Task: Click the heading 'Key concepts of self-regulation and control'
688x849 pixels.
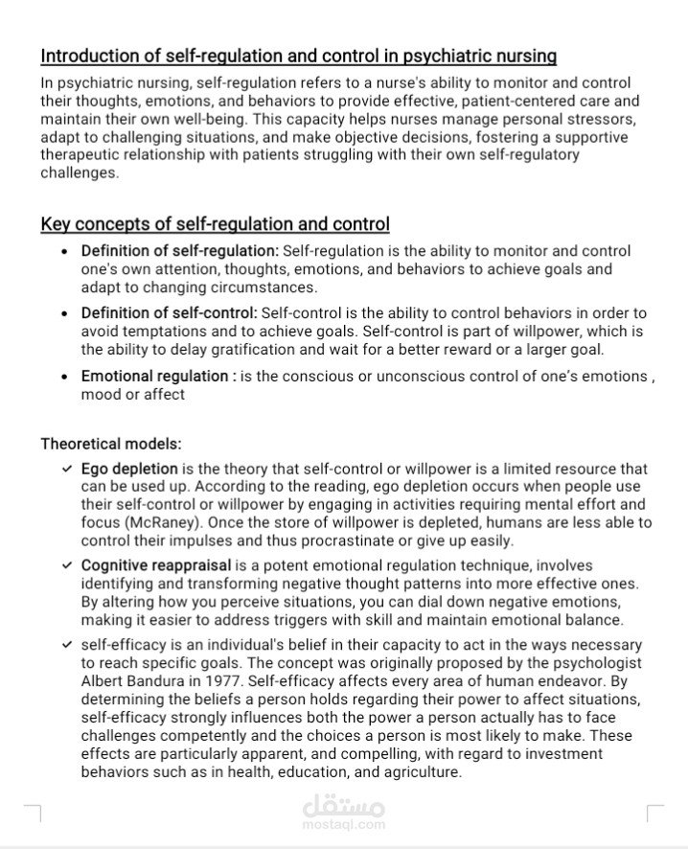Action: [215, 224]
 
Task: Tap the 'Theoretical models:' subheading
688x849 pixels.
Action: [111, 444]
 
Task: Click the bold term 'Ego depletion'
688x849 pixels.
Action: [129, 470]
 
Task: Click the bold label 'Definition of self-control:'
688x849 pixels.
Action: [169, 313]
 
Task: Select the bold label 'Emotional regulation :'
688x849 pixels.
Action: [158, 377]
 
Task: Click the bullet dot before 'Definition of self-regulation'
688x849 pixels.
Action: [64, 251]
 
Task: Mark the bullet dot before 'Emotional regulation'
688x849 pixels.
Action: [64, 377]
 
